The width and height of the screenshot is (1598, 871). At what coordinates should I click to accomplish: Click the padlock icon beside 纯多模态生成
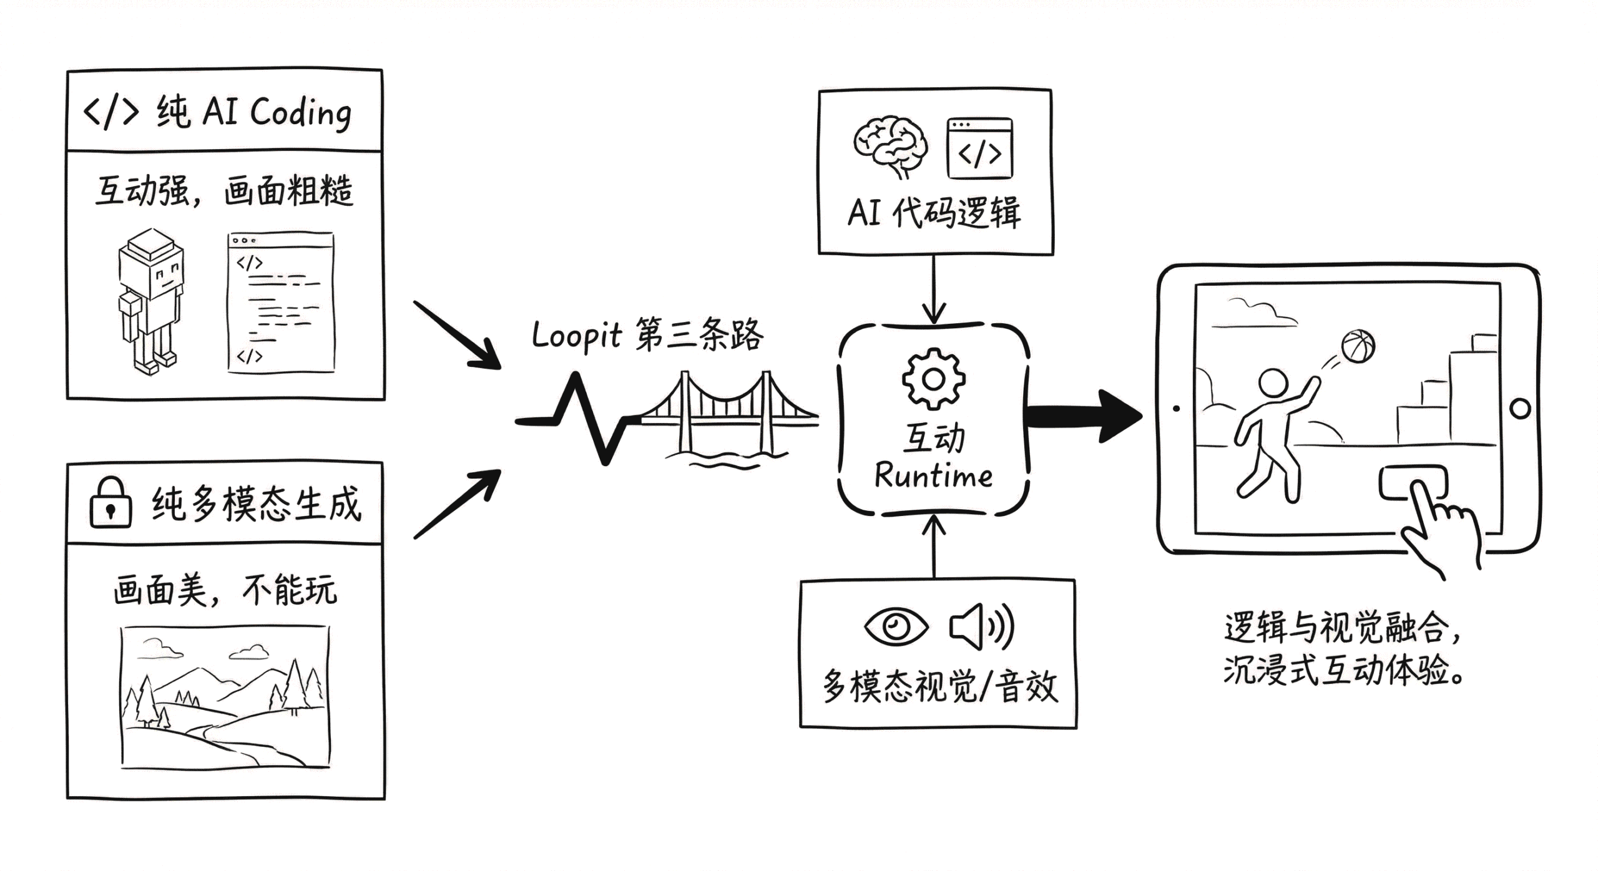[110, 504]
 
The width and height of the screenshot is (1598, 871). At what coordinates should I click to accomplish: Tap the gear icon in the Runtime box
[933, 379]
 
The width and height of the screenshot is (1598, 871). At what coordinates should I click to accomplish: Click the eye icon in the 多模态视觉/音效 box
[896, 625]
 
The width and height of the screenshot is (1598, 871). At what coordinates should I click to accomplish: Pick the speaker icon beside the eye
[980, 626]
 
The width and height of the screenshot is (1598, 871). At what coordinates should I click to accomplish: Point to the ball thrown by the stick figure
[1358, 346]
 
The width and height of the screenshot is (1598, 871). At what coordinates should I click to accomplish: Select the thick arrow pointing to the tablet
[1083, 416]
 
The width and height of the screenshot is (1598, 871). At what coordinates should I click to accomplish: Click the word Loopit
[576, 336]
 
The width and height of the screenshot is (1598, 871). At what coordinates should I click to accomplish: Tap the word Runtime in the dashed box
[933, 476]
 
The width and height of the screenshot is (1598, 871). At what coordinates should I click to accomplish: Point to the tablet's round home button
[1520, 409]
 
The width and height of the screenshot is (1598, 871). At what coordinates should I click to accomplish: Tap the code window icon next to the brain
[979, 148]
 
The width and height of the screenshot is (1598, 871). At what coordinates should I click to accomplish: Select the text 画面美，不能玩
[225, 590]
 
